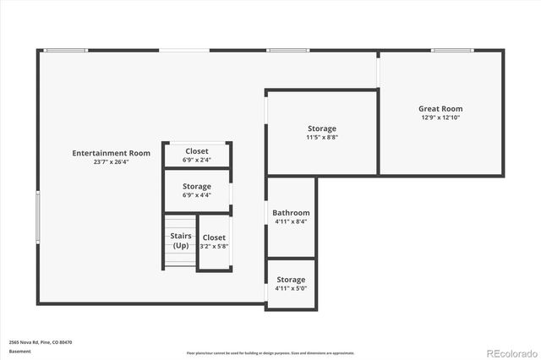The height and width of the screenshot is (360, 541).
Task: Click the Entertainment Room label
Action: pos(111,153)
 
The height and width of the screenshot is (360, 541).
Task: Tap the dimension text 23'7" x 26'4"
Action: pos(111,162)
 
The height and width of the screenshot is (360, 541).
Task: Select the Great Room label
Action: pos(440,108)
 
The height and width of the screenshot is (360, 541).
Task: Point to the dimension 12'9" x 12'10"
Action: pos(440,117)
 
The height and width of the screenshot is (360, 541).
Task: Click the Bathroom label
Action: pos(291,213)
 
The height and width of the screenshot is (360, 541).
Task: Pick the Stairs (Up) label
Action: pos(181,241)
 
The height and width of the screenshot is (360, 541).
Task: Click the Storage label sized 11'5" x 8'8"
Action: pos(321,128)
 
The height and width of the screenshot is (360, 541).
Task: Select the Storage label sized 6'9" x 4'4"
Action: pos(197,186)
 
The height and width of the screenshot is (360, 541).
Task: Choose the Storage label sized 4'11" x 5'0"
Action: pos(291,280)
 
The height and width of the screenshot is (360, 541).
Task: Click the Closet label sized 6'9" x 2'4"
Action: pos(197,151)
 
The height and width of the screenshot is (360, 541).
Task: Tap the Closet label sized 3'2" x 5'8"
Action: pos(214,237)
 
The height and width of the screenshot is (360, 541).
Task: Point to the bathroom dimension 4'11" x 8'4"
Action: pos(291,222)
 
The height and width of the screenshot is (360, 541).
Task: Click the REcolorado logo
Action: pos(510,352)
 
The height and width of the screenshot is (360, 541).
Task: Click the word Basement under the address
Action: pos(19,351)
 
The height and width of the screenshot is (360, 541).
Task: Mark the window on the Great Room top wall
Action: pos(451,50)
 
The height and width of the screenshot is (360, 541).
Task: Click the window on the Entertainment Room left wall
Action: pos(38,217)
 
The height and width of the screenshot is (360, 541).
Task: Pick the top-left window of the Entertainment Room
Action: pos(66,50)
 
